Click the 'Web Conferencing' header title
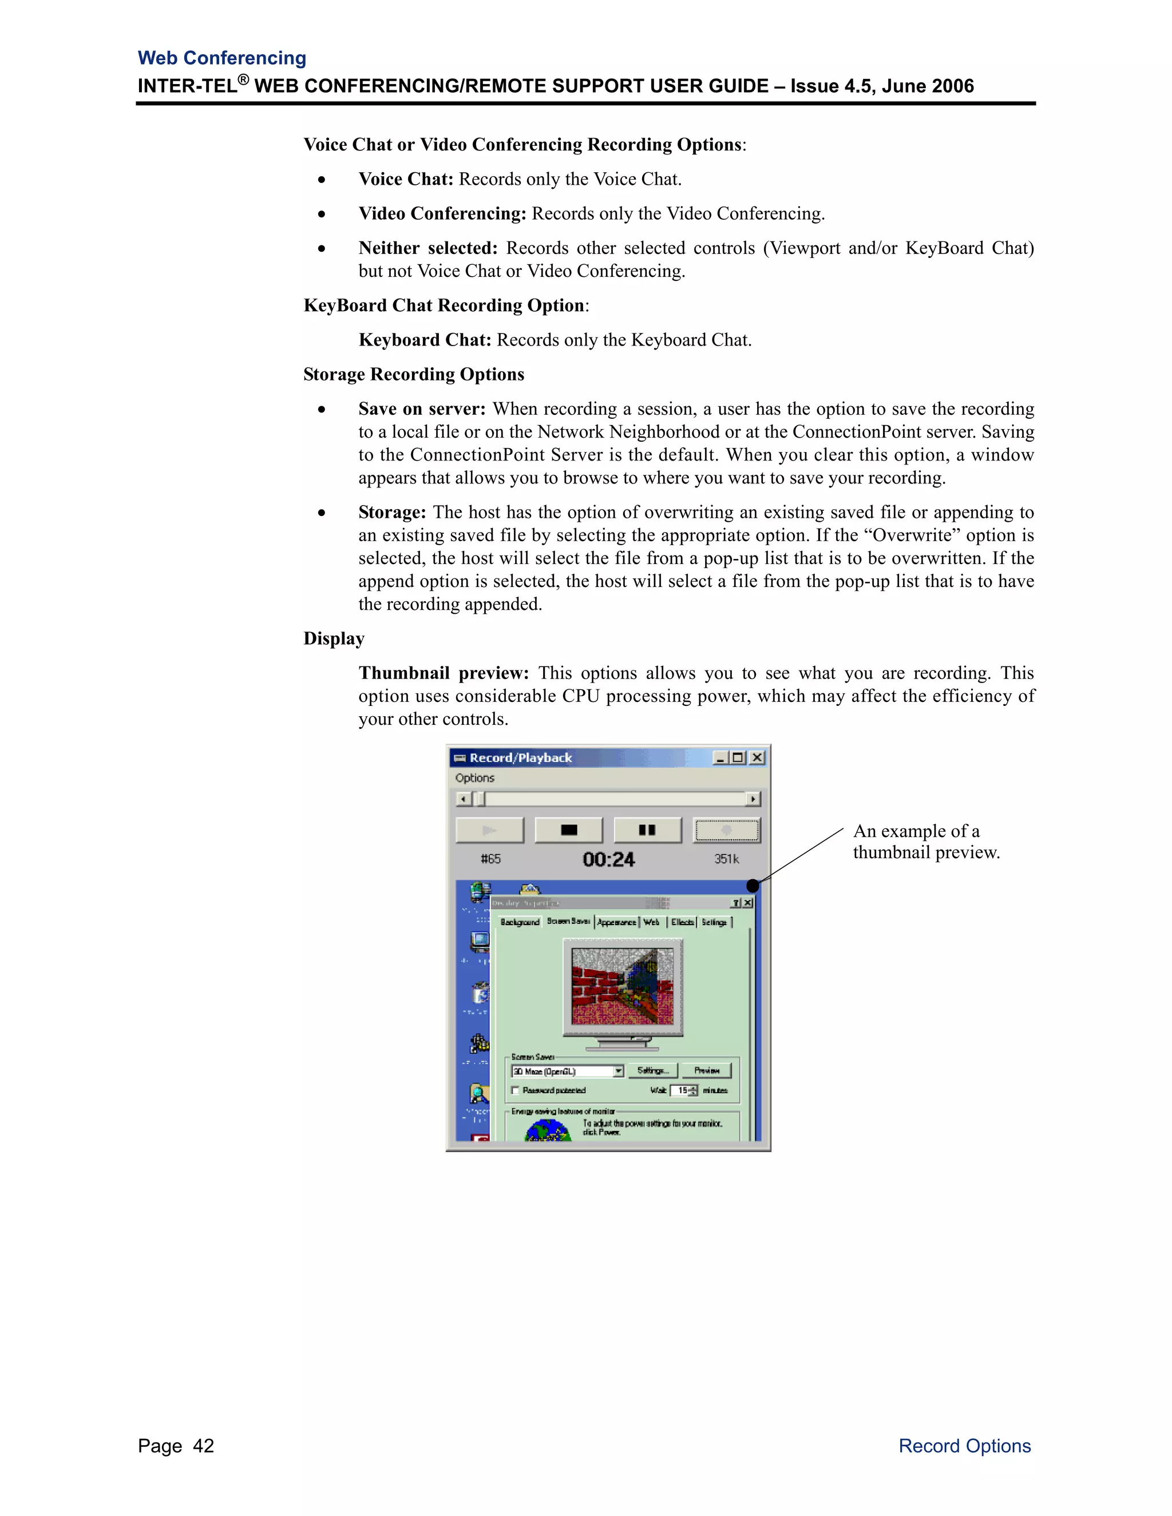point(221,58)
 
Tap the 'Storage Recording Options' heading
point(413,374)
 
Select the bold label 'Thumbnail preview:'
point(443,673)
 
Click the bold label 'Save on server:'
point(421,409)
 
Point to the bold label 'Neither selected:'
point(427,248)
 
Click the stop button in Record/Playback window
point(569,830)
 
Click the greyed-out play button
point(489,830)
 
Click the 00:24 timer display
point(608,859)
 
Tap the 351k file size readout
point(726,859)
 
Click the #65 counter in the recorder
point(490,859)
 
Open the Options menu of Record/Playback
point(474,778)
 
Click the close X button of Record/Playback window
point(758,757)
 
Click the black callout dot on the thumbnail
point(752,886)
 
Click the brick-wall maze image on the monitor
point(621,986)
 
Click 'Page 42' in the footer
point(176,1446)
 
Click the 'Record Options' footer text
point(964,1446)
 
